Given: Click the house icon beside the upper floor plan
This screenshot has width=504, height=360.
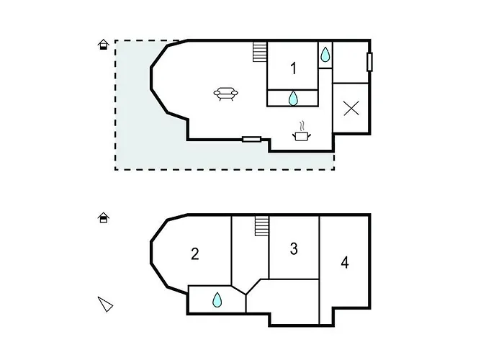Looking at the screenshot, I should coord(104,45).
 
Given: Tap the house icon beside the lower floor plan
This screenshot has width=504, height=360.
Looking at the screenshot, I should coord(104,217).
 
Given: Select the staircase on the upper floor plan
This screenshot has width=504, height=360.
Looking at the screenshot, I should coord(260,52).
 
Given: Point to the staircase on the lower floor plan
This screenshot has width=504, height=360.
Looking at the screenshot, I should coord(261,227).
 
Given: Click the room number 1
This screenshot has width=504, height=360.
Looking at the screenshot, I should coord(294,68).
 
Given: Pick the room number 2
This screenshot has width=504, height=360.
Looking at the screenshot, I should coord(195,253).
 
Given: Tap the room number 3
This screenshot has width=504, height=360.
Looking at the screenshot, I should coord(294,249).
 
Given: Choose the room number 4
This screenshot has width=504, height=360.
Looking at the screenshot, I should coord(345,263).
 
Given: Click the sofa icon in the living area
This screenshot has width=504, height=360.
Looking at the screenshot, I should coord(226,94).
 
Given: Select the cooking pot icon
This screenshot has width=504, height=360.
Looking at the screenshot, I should coord(301,134).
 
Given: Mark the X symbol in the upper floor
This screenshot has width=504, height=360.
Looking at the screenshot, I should coord(351,109).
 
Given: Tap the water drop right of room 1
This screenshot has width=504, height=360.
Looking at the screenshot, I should coord(325,54).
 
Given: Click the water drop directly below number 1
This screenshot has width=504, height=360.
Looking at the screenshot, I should coord(294,98).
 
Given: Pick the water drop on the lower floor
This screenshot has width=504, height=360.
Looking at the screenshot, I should coord(217,300).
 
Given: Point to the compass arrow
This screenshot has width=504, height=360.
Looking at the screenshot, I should coord(106,304).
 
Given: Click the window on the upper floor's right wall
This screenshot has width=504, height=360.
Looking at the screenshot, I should coord(370,62).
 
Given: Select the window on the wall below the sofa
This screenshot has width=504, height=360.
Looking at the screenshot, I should coord(251,139).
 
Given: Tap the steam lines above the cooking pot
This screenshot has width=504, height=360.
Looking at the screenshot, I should coord(303,124).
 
